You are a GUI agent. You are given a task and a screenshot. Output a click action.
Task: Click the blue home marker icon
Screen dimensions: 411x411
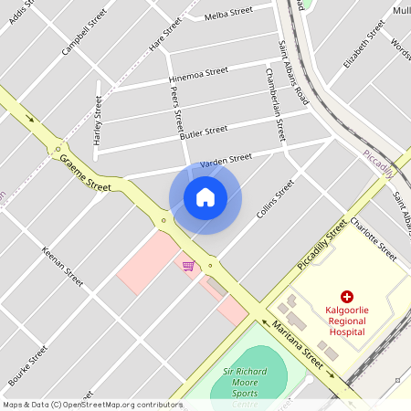point(205,197)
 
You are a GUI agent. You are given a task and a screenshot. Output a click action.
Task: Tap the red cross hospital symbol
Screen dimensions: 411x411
point(346,296)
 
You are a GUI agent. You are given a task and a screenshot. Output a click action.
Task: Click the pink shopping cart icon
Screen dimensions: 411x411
point(188,266)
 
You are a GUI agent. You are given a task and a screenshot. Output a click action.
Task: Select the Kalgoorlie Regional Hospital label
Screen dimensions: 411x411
point(346,321)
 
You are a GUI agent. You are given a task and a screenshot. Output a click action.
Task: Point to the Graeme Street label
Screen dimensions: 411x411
point(85,172)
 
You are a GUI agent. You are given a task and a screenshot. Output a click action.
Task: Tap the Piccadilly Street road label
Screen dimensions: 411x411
point(322,245)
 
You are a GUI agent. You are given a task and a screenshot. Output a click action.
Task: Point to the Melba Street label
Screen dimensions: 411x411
point(228,13)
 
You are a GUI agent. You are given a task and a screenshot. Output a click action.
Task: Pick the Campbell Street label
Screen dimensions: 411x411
point(79,37)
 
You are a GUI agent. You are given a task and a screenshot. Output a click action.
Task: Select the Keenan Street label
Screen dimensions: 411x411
point(62,266)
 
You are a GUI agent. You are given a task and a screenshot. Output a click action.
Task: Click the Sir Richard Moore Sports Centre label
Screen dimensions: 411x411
point(239,385)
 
